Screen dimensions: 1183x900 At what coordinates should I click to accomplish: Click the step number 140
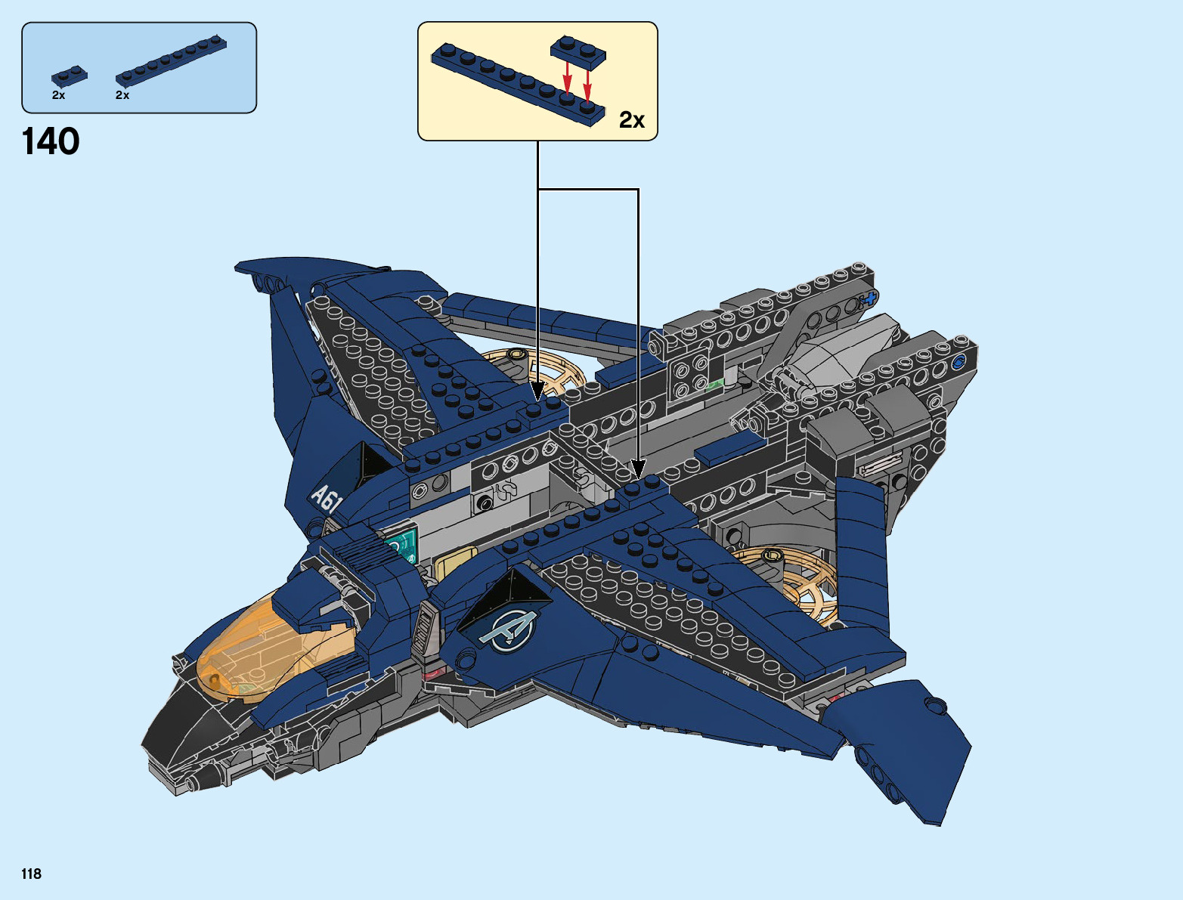click(x=51, y=142)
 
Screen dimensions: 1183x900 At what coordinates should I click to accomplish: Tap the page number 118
click(x=32, y=874)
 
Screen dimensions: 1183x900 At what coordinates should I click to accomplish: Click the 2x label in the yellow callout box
click(x=632, y=120)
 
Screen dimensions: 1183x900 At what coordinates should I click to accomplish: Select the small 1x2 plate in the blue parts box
click(x=69, y=76)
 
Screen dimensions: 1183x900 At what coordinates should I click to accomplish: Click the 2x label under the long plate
click(x=122, y=95)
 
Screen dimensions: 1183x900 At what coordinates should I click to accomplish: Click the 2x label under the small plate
click(x=58, y=95)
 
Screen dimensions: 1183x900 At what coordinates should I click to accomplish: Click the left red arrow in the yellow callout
click(x=567, y=76)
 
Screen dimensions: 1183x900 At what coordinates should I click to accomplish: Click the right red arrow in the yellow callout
click(x=587, y=84)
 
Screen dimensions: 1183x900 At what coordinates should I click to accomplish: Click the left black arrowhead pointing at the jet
click(x=538, y=392)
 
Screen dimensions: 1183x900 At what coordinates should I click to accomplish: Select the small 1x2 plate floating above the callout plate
click(x=579, y=49)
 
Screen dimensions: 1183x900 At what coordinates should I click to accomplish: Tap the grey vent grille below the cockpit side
click(x=424, y=629)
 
